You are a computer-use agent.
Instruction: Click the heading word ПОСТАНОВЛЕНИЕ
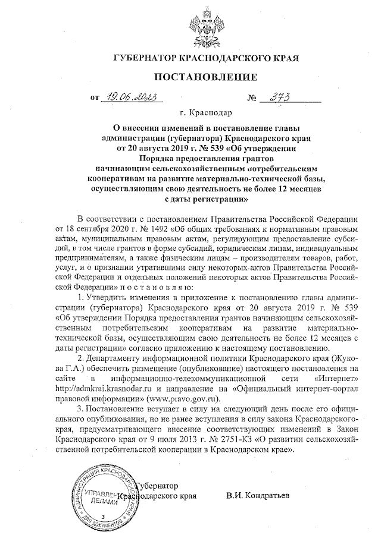[206, 77]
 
